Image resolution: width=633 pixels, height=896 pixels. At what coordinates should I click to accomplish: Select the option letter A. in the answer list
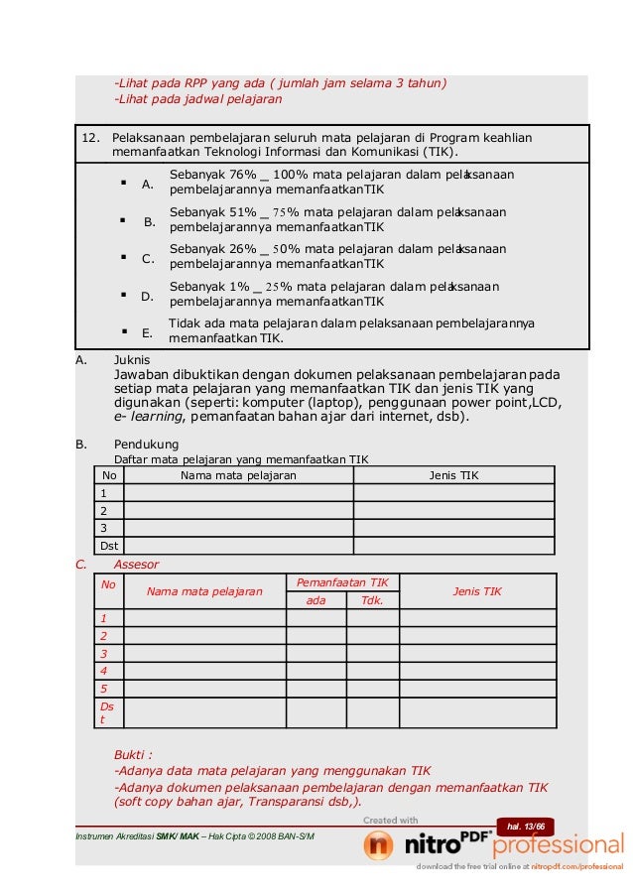click(x=148, y=185)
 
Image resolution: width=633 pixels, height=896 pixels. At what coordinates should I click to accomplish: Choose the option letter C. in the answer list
click(x=148, y=259)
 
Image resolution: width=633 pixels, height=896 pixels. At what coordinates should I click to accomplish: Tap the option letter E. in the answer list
click(x=148, y=333)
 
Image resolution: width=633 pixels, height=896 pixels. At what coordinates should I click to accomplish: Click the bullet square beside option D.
click(x=122, y=294)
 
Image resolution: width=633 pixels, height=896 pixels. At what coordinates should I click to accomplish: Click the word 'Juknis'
click(x=133, y=359)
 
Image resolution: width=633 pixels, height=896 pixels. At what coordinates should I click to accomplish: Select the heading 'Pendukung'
click(x=146, y=445)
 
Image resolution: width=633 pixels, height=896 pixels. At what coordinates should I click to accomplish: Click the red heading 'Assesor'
click(x=136, y=564)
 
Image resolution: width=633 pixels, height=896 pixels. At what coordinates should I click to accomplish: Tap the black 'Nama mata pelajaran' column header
click(x=237, y=475)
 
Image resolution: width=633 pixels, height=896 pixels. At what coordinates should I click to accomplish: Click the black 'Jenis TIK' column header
click(x=453, y=475)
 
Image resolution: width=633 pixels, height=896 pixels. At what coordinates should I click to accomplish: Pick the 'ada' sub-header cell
click(x=316, y=600)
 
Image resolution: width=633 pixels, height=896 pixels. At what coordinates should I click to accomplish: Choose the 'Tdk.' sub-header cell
click(x=372, y=600)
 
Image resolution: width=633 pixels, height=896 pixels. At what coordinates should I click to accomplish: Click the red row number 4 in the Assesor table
click(x=104, y=671)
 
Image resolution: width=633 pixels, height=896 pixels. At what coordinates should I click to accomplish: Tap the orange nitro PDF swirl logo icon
click(x=378, y=845)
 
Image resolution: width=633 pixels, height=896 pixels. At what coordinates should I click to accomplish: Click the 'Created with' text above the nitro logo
click(x=390, y=820)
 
